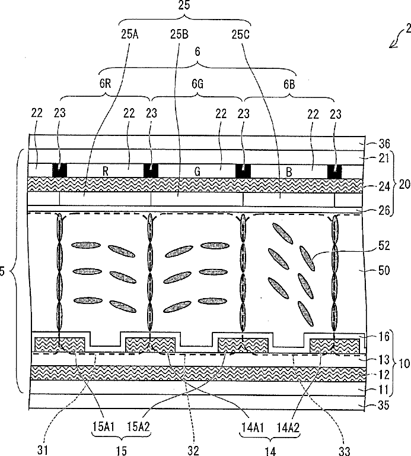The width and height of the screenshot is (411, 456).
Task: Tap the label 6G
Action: coord(197,85)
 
